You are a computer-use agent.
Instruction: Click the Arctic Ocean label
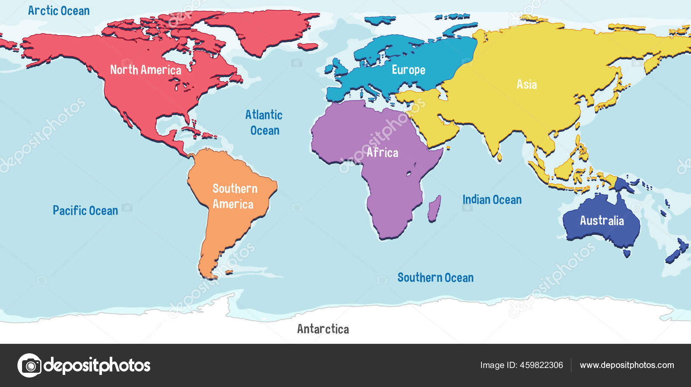coord(59,11)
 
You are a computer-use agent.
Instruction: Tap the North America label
coord(146,70)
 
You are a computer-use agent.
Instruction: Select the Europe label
coord(408,70)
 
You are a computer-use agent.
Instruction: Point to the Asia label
coord(526,84)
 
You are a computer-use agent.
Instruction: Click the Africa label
coord(382,152)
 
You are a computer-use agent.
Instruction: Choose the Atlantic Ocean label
coord(264,123)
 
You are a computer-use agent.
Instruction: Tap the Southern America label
coord(235,197)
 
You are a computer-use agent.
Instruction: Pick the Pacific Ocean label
coord(85,211)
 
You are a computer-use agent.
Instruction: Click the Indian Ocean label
coord(492,200)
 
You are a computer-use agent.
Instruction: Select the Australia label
coord(602,221)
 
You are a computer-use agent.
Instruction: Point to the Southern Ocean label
coord(435,278)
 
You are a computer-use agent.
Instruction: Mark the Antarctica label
coord(323,329)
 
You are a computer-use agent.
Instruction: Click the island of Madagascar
coord(434,208)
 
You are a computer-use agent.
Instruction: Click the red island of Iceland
coord(307,46)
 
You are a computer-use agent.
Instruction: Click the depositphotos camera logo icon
coord(29,365)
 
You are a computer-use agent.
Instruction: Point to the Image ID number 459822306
coord(541,365)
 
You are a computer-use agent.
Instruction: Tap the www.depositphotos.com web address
coord(627,365)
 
